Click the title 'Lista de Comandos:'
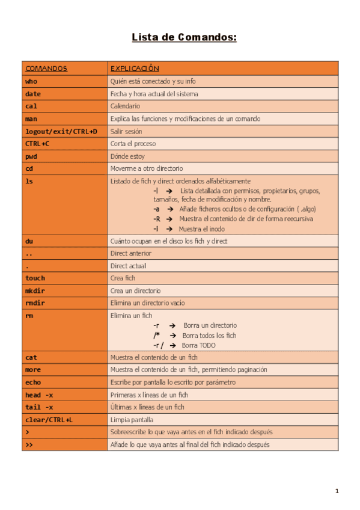click(185, 38)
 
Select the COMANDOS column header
click(46, 69)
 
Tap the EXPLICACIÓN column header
click(135, 69)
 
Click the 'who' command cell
click(31, 81)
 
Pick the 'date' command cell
click(33, 94)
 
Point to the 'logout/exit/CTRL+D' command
click(61, 131)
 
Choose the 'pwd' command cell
click(31, 156)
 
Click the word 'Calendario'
click(125, 106)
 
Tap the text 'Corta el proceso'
click(133, 144)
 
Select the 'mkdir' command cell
click(35, 290)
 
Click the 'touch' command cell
click(35, 278)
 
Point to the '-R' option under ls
click(156, 219)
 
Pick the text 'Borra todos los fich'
click(209, 335)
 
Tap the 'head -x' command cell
click(39, 395)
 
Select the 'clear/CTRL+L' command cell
click(49, 420)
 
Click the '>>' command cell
click(29, 444)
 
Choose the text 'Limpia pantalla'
click(132, 420)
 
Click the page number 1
click(337, 491)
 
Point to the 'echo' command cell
click(33, 382)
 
